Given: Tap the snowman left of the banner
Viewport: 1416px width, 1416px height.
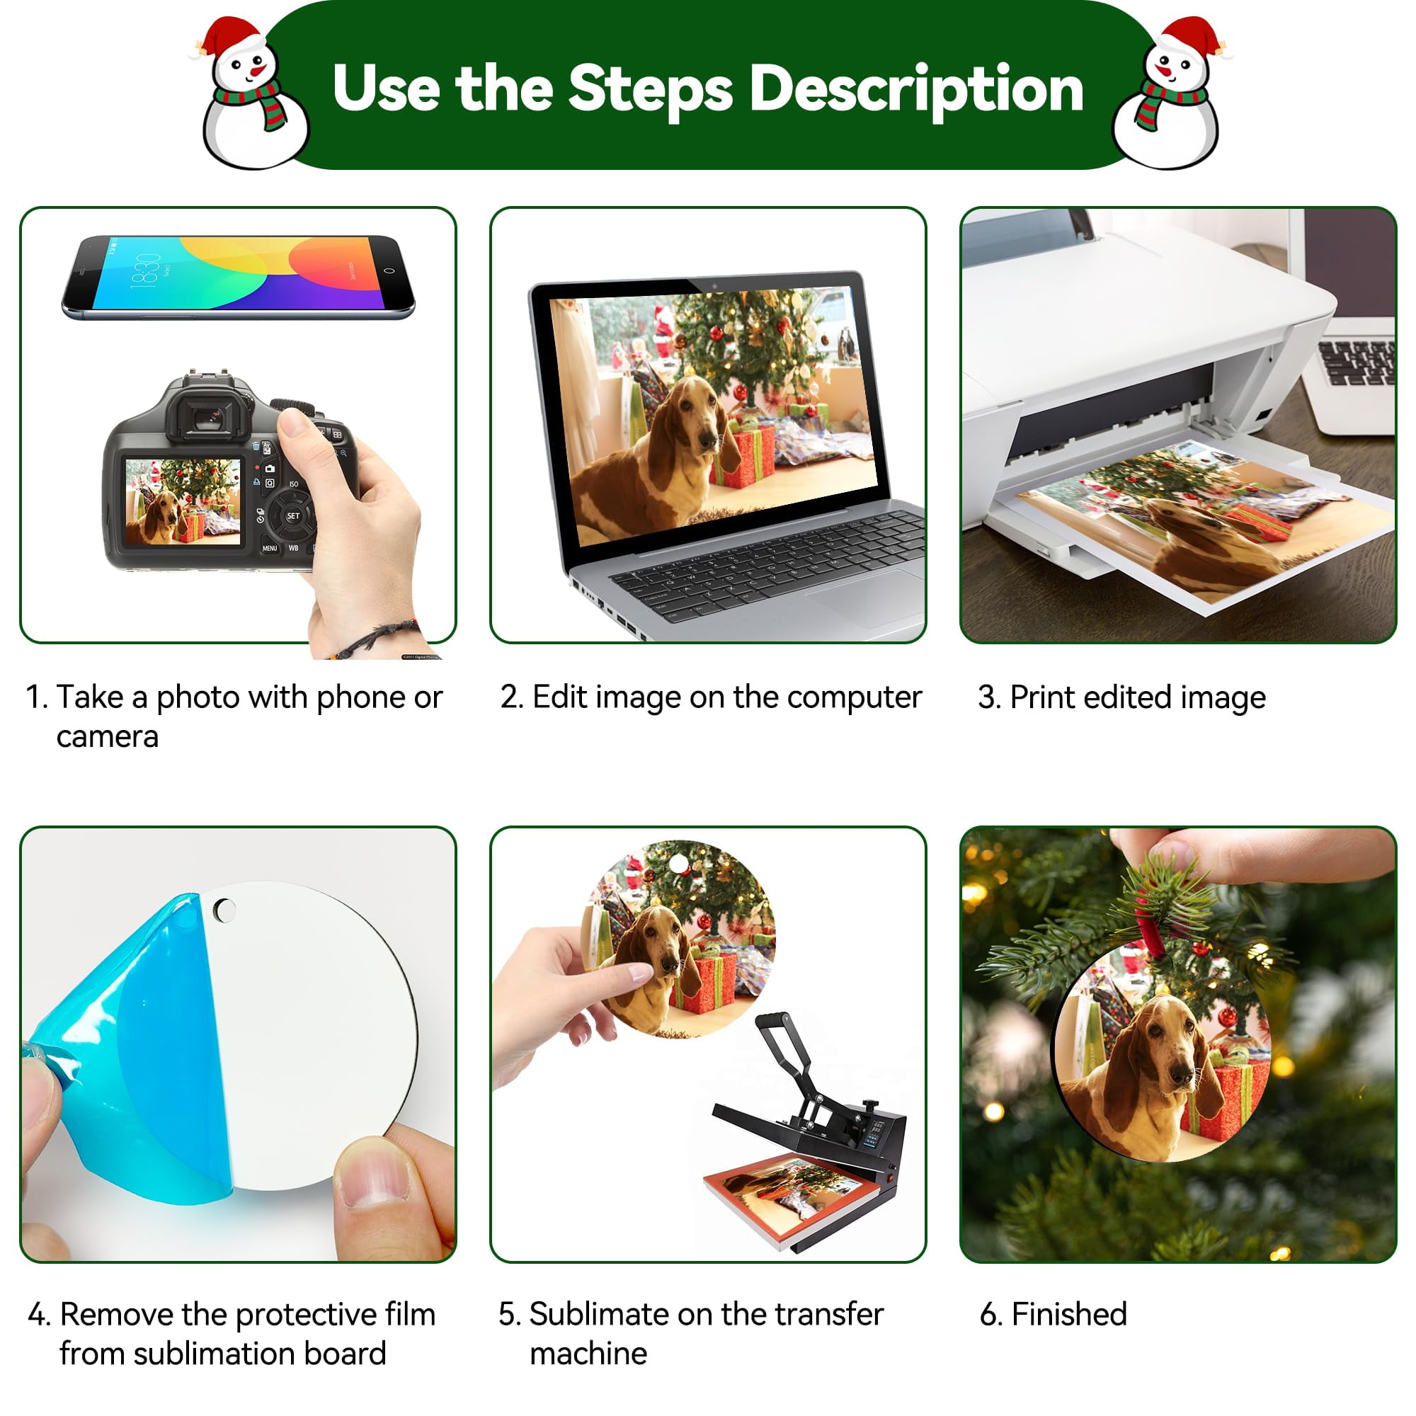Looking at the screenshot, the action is tap(251, 94).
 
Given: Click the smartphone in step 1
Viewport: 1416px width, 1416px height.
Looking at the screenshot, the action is tap(238, 277).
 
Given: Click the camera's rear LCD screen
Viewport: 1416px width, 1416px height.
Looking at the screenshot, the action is tap(183, 502).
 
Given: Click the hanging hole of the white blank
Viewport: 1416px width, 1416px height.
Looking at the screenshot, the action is tap(225, 910).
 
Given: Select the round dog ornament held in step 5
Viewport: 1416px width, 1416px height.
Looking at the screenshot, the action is tap(678, 938).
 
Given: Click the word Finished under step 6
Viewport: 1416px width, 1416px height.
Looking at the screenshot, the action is tap(1069, 1314).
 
